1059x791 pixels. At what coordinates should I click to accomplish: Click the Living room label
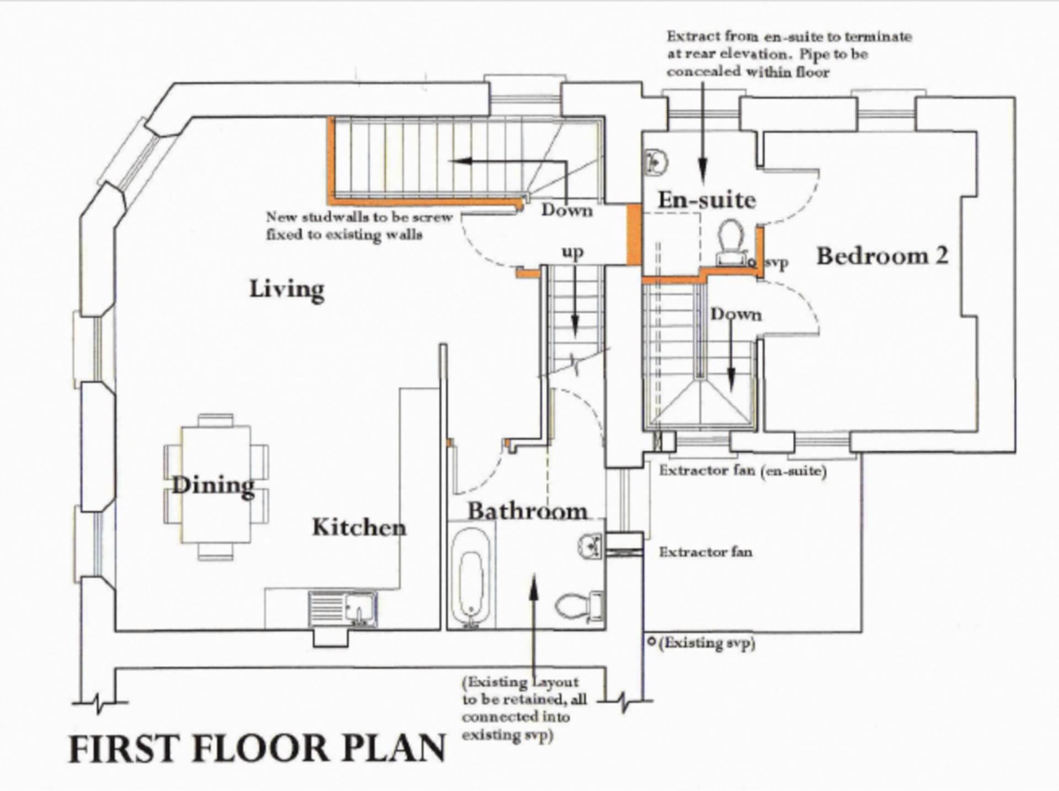[286, 289]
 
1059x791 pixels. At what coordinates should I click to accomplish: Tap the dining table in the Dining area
[215, 484]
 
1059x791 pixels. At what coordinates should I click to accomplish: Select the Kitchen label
[359, 527]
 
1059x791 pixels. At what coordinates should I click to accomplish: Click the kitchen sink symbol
[343, 609]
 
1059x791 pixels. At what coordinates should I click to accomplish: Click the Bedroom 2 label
[881, 256]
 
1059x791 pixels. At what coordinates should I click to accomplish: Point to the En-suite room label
[707, 200]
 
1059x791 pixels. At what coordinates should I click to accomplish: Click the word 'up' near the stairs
[573, 252]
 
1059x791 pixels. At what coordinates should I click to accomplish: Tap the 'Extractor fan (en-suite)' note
[742, 471]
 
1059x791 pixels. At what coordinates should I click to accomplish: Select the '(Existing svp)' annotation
[707, 643]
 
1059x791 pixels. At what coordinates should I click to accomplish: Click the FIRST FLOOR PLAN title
[257, 749]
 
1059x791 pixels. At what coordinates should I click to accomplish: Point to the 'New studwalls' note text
[359, 226]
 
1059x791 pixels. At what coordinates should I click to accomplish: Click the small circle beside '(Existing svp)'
[651, 642]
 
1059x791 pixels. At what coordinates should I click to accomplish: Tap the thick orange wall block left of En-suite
[634, 234]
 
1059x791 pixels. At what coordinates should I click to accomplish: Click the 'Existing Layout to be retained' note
[523, 708]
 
